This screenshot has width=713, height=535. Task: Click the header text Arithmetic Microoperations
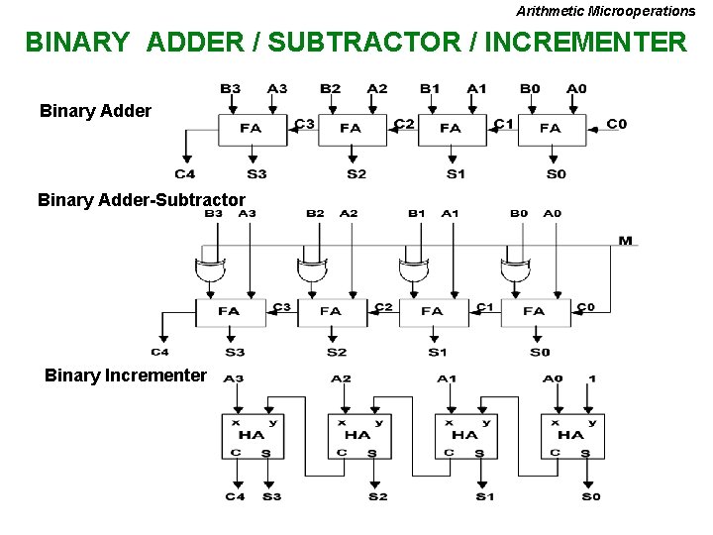click(x=605, y=11)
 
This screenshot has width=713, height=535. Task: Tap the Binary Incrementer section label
click(x=126, y=375)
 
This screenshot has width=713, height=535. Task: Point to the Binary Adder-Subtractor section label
click(x=142, y=200)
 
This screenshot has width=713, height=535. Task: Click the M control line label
click(x=626, y=241)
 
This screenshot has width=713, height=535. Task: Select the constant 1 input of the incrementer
click(x=591, y=378)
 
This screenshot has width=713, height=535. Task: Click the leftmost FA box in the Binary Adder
click(x=252, y=128)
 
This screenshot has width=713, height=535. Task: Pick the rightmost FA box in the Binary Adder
click(x=551, y=128)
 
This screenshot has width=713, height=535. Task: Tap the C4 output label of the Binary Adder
click(x=185, y=173)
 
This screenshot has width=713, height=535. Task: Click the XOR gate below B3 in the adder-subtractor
click(x=210, y=268)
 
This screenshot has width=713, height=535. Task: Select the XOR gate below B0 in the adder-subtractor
click(x=515, y=268)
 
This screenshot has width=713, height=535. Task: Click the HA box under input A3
click(x=252, y=436)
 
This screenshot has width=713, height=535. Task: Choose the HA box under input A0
click(x=570, y=436)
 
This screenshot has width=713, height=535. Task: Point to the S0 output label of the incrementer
click(x=590, y=496)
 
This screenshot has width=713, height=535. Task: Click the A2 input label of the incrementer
click(x=341, y=378)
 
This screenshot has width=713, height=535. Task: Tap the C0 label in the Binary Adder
click(x=616, y=124)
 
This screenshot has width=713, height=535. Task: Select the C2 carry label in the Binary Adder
click(x=404, y=124)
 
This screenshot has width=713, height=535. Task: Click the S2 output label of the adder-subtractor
click(x=337, y=352)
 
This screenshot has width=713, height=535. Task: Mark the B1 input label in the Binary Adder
click(x=430, y=88)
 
